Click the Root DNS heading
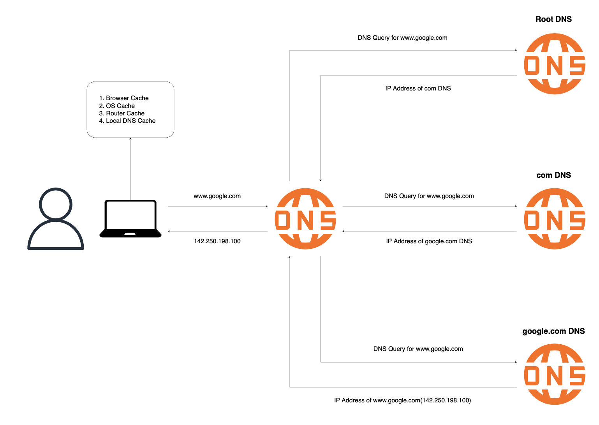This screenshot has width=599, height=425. (x=553, y=19)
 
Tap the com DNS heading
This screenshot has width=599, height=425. (x=553, y=175)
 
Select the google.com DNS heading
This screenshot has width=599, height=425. (x=553, y=331)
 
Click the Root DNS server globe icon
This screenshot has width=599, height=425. (x=555, y=64)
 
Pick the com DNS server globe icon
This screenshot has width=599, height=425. (x=555, y=219)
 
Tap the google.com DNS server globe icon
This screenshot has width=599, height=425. (x=555, y=374)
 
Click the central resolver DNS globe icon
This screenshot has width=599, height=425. (x=305, y=219)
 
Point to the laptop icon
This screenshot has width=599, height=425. (x=130, y=219)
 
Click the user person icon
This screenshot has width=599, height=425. (x=56, y=219)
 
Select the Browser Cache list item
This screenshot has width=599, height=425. (x=124, y=98)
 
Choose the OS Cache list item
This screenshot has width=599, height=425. (x=117, y=106)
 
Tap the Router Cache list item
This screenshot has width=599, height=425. (x=122, y=113)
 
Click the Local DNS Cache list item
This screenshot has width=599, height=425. (x=127, y=121)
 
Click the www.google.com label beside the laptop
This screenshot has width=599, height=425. (x=217, y=196)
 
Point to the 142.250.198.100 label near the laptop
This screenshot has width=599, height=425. (x=217, y=241)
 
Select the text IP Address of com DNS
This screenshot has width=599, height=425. (x=418, y=89)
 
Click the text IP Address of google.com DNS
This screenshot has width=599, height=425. (x=429, y=241)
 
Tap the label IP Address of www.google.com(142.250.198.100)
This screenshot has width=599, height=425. (x=402, y=400)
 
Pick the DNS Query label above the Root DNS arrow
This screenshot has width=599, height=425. (x=402, y=38)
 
